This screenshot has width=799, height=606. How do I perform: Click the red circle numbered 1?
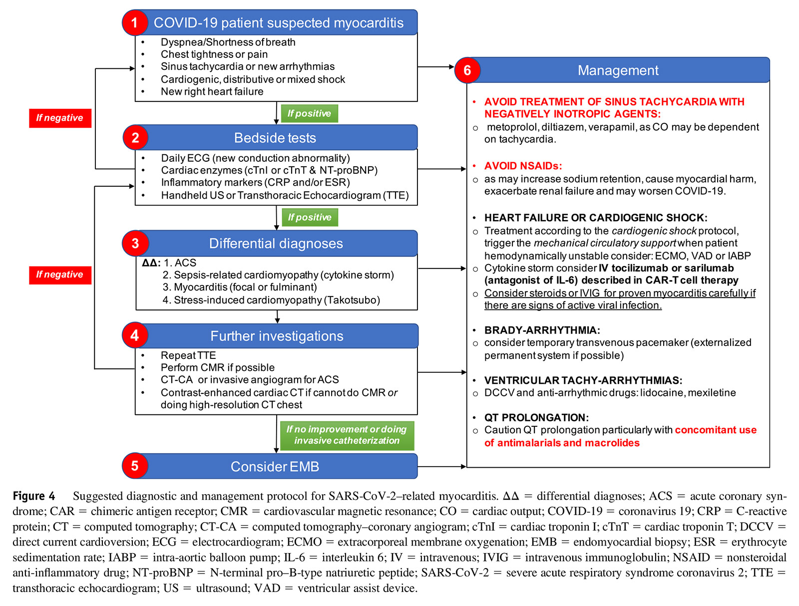(134, 23)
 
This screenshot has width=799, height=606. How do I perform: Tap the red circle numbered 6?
(467, 70)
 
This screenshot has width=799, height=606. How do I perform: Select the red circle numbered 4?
(135, 335)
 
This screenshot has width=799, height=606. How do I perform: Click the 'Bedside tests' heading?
(275, 138)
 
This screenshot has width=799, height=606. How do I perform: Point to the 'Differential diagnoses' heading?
(276, 244)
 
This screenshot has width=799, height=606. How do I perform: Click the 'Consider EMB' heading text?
(275, 466)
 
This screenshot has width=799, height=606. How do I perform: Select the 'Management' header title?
(618, 70)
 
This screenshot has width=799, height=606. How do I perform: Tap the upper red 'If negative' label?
(60, 118)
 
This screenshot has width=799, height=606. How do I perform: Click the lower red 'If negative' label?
(60, 275)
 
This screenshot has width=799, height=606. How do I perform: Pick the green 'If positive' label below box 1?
(309, 113)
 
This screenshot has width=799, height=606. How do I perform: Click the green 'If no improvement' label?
(347, 435)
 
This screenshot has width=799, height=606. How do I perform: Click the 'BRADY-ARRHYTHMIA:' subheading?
(542, 330)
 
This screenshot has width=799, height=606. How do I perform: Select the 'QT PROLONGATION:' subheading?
(536, 417)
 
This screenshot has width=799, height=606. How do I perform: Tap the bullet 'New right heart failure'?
(212, 91)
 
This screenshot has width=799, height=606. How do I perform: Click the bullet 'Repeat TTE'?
(188, 355)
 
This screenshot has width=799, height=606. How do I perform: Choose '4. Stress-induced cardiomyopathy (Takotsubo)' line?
(271, 300)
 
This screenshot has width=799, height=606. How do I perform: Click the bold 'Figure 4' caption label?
(34, 496)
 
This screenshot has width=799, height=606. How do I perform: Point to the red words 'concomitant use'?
(715, 430)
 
